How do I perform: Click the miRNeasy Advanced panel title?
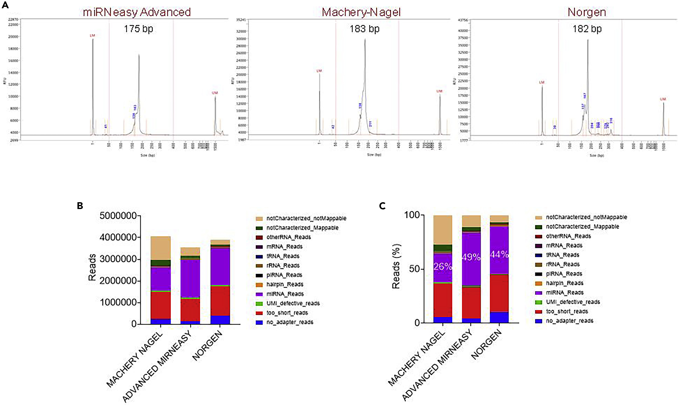pos(137,12)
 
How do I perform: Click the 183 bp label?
pos(364,29)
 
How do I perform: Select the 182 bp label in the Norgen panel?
pos(587,29)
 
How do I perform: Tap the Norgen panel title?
pos(587,12)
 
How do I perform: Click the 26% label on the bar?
pos(443,266)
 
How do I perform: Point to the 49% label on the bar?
pos(471,257)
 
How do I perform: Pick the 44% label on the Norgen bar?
pos(499,254)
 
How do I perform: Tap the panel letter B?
pos(80,206)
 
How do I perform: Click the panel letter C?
pos(382,206)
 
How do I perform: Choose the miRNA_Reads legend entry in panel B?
pos(285,294)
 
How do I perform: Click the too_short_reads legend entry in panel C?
pos(567,311)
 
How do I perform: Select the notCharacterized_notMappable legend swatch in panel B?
pos(259,219)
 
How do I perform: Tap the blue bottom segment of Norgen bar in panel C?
pos(499,317)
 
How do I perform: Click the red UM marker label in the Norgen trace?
pos(663,99)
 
